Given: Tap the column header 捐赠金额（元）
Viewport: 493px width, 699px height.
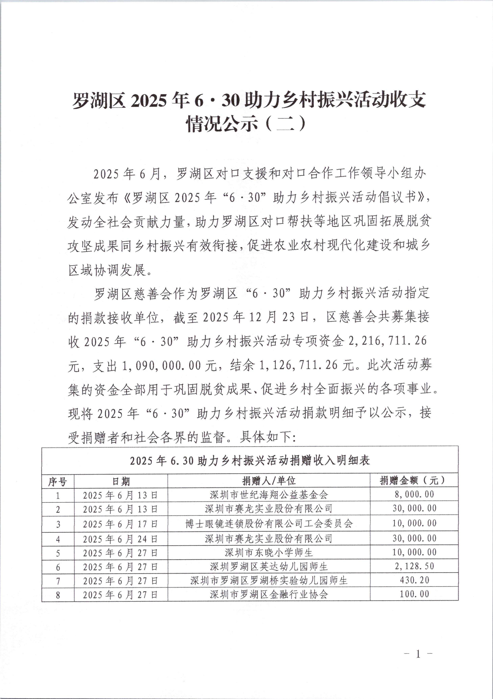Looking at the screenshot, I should coord(414,481).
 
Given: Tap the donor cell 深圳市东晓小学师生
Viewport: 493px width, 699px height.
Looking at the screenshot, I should coord(269,553).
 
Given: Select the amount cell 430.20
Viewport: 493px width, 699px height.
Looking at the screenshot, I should coord(414,580).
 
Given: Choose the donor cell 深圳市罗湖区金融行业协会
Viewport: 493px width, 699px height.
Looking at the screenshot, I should coord(269,594).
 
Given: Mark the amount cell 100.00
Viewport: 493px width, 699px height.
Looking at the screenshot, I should coord(414,594).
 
